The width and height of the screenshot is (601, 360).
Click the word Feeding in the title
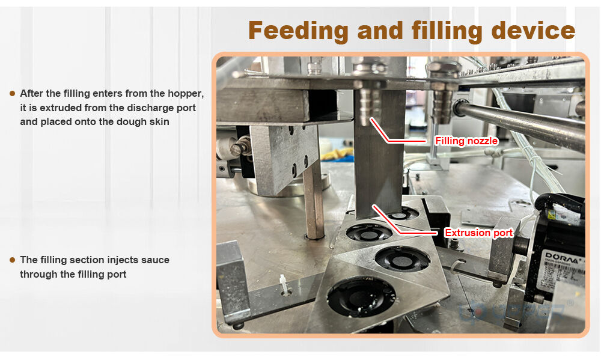298,31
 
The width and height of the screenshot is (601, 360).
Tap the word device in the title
533,30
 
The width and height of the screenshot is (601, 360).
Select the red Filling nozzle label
466,141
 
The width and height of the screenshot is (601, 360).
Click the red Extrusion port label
479,233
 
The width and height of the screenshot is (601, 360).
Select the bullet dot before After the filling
12,93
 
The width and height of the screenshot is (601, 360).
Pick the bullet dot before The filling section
12,260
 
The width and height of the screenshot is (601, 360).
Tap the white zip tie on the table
284,285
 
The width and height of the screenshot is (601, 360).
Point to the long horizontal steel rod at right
521,123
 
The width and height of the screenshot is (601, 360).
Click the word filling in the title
447,31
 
